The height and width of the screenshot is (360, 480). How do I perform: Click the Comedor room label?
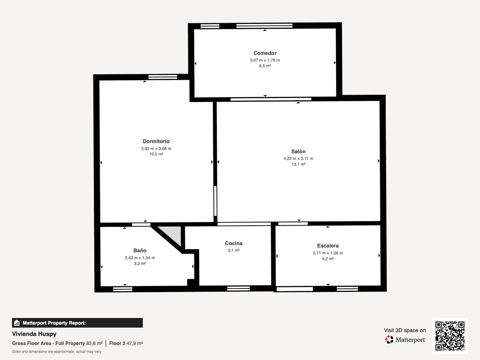coord(265,53)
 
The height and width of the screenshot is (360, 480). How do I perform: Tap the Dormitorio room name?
coord(156,142)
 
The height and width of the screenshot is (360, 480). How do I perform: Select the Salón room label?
coord(298,152)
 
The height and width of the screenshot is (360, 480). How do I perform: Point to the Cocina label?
coord(234,243)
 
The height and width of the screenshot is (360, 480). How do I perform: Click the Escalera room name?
coord(328,246)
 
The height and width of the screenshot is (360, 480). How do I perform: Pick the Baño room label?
coord(140,250)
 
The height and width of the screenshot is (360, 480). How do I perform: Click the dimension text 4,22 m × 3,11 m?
coord(298,158)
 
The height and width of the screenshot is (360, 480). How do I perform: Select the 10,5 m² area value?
coord(156,154)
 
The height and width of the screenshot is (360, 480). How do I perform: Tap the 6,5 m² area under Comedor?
coord(265,66)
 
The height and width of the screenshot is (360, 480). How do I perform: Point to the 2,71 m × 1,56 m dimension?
coord(328,253)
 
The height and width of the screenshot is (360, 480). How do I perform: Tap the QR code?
coord(450,336)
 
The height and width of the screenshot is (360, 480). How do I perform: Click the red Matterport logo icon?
coord(389,340)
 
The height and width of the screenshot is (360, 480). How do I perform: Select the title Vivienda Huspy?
coord(34,334)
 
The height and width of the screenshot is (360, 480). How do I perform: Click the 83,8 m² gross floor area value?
coord(94,343)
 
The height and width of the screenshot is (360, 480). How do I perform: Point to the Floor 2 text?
coord(117,343)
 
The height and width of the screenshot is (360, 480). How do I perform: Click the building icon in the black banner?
coord(17,323)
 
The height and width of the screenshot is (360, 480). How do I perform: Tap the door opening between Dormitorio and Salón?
coord(215,201)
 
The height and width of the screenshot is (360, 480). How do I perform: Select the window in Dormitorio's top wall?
coord(163,77)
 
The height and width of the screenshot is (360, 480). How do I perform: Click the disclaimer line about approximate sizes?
coord(56,352)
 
